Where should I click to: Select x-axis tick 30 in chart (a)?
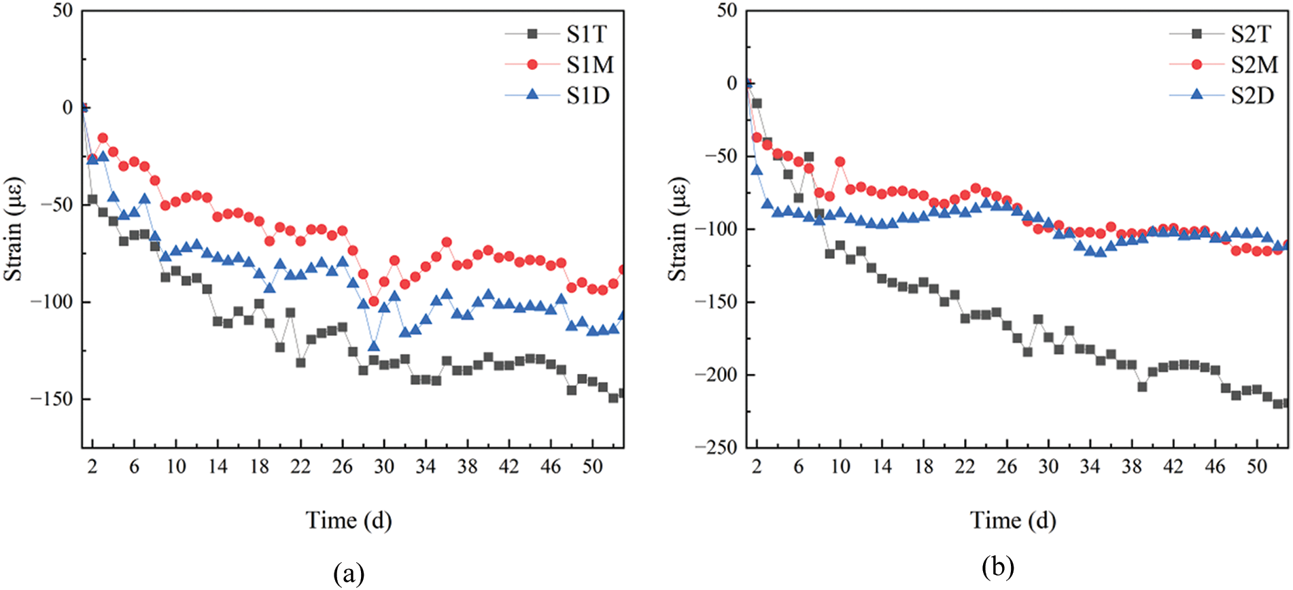384,466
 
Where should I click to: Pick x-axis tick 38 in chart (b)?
1131,466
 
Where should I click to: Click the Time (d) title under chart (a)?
349,520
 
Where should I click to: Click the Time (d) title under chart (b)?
1013,520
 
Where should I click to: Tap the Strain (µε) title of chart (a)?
14,229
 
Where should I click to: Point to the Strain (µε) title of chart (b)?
678,229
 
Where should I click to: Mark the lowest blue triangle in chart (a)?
373,346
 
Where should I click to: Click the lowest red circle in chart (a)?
373,301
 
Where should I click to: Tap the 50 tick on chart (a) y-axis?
63,11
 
